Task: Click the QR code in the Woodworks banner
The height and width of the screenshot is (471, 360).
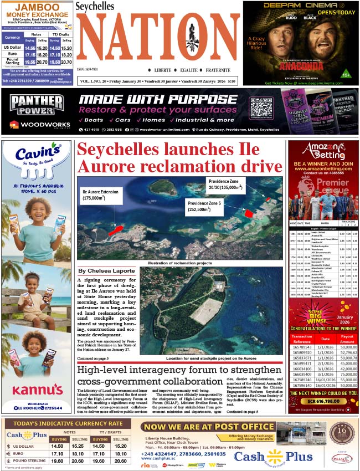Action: (x=261, y=107)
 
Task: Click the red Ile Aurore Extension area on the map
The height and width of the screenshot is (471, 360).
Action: (x=115, y=229)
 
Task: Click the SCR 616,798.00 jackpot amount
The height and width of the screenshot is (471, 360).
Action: (x=323, y=400)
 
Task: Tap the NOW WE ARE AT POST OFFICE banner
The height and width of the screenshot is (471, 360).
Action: (x=208, y=427)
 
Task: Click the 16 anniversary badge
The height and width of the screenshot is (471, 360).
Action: (x=341, y=432)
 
